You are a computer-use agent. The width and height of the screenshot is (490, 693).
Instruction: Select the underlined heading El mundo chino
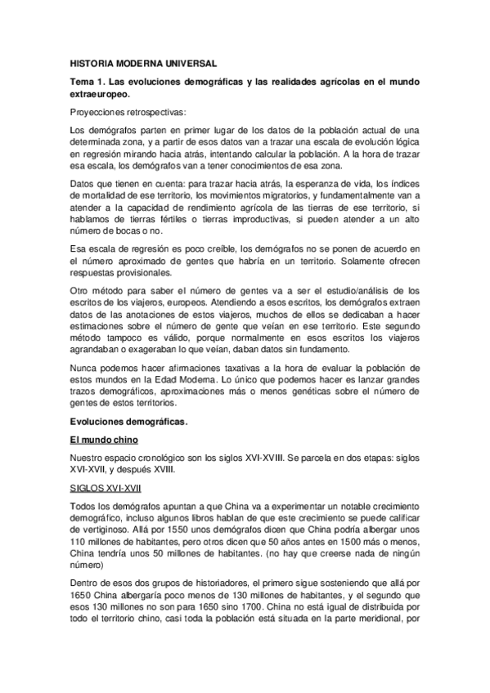click(x=101, y=440)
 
